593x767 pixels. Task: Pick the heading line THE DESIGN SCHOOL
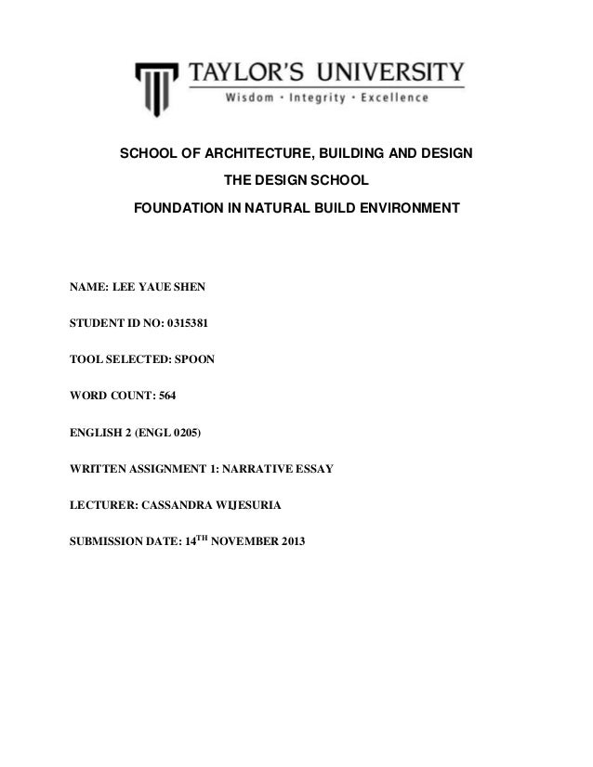pyautogui.click(x=296, y=178)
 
